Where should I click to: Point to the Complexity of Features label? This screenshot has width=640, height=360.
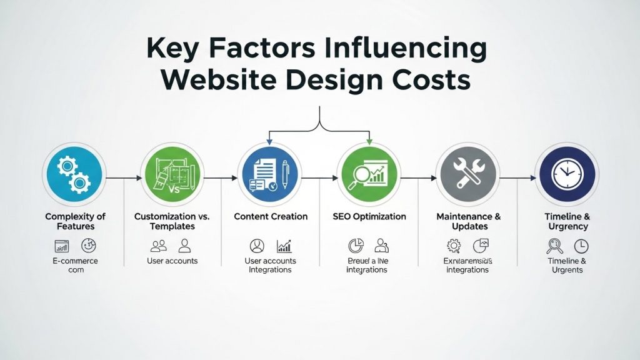click(x=75, y=221)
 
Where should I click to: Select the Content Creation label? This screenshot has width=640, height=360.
click(x=271, y=216)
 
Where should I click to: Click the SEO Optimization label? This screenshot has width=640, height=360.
click(x=368, y=216)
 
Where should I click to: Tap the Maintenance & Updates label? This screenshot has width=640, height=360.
click(x=467, y=221)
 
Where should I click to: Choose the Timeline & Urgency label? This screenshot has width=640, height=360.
click(x=566, y=221)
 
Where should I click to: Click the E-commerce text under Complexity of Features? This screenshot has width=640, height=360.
click(x=75, y=261)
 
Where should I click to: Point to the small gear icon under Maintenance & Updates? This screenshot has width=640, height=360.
click(x=454, y=245)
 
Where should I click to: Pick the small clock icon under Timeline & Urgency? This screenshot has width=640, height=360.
click(x=581, y=246)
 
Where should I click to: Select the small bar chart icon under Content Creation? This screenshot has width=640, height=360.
click(x=284, y=246)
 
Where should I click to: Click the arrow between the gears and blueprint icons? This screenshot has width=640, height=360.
click(x=124, y=178)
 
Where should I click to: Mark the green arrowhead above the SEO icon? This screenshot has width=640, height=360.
click(x=369, y=141)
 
